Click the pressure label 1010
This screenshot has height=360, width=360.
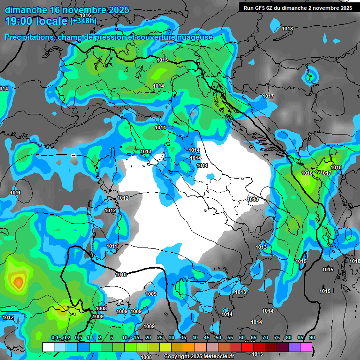[x=121, y=275]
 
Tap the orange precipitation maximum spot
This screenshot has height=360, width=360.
[x=18, y=282]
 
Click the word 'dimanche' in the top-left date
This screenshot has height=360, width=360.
[x=26, y=10]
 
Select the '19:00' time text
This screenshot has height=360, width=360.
[x=18, y=21]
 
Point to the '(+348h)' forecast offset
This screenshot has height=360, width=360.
[x=83, y=21]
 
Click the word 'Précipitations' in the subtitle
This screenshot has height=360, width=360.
[x=28, y=37]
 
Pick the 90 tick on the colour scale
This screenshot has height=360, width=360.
[x=312, y=338]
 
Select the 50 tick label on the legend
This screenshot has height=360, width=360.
[x=218, y=338]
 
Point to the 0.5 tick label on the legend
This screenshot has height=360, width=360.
[x=78, y=338]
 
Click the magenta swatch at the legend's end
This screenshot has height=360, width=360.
[x=306, y=347]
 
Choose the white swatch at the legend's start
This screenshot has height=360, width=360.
[x=48, y=347]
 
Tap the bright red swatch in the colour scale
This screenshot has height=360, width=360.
[x=247, y=347]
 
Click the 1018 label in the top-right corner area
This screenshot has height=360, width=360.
[x=287, y=29]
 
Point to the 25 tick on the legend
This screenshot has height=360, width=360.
[x=160, y=338]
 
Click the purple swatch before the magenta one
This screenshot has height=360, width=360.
[x=294, y=347]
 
